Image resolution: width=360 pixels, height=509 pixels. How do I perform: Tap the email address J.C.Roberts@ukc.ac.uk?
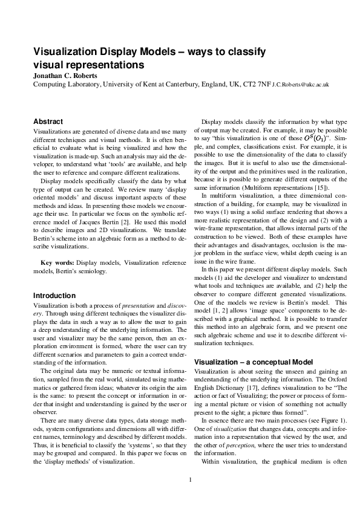click(301, 86)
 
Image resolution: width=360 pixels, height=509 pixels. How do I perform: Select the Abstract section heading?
click(48, 122)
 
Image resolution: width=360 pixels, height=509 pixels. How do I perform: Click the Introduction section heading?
click(54, 296)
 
